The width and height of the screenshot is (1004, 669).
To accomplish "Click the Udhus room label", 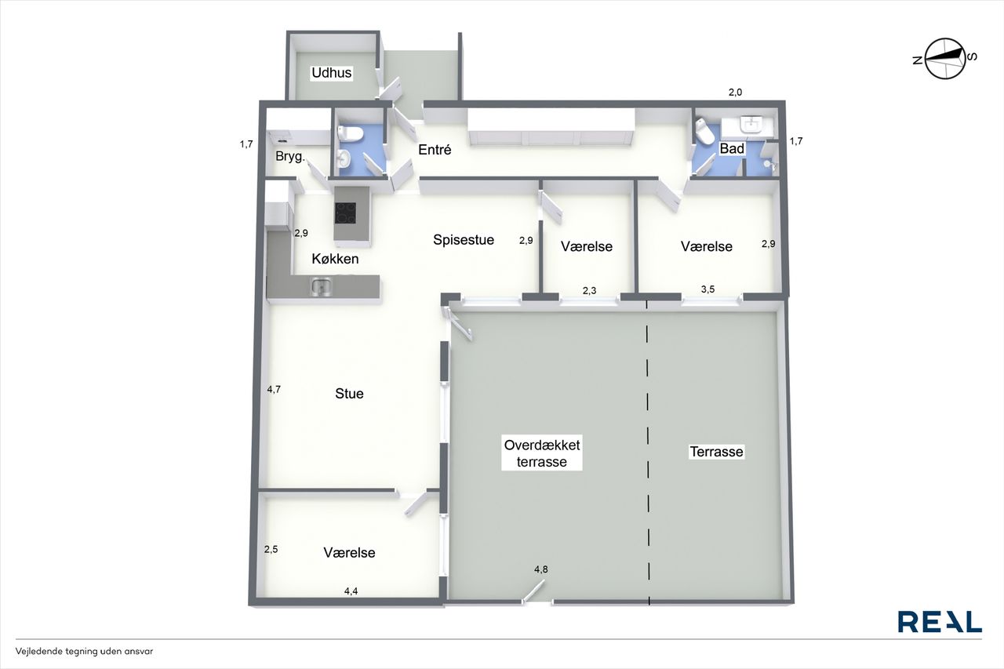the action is pyautogui.click(x=332, y=73).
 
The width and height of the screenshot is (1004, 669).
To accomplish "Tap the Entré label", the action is pyautogui.click(x=435, y=150).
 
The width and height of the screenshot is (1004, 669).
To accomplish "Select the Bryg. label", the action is pyautogui.click(x=290, y=156).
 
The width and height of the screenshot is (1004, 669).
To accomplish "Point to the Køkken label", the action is pyautogui.click(x=335, y=259).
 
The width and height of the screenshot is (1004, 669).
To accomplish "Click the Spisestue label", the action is pyautogui.click(x=464, y=240).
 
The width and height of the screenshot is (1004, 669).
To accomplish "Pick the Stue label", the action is pyautogui.click(x=349, y=394).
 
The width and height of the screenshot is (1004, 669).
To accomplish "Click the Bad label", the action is pyautogui.click(x=732, y=148).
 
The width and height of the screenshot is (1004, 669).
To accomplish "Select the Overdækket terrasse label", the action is pyautogui.click(x=542, y=453).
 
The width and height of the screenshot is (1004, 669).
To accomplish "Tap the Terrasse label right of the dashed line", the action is pyautogui.click(x=716, y=452).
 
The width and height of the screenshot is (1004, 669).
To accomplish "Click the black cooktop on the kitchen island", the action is pyautogui.click(x=346, y=213).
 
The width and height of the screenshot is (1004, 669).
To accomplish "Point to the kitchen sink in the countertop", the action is pyautogui.click(x=322, y=286).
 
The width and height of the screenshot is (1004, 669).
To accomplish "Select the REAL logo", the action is pyautogui.click(x=940, y=621).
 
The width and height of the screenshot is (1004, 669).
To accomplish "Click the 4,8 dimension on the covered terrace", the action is pyautogui.click(x=540, y=569).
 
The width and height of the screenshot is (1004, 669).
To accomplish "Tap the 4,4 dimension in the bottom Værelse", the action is pyautogui.click(x=351, y=591).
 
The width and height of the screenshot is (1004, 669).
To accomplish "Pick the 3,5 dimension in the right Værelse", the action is pyautogui.click(x=708, y=289).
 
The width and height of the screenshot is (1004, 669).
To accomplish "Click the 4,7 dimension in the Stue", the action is pyautogui.click(x=274, y=389).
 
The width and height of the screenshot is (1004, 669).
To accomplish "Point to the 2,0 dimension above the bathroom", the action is pyautogui.click(x=735, y=93).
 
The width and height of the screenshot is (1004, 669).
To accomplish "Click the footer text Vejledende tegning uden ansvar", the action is pyautogui.click(x=84, y=652).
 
